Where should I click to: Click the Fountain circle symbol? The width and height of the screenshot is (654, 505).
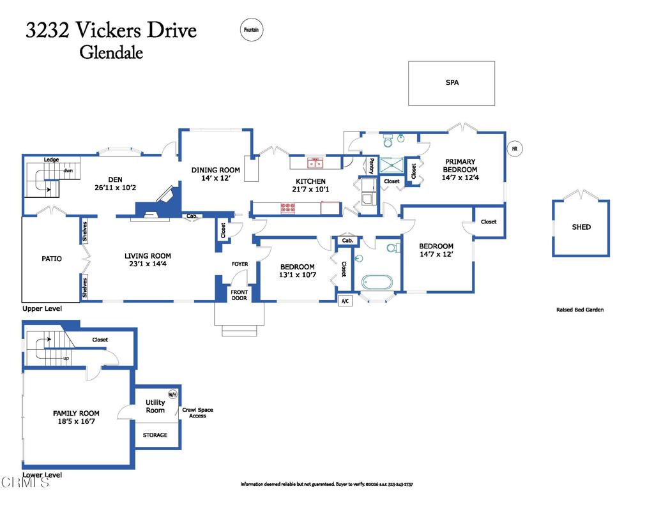pos(252,30)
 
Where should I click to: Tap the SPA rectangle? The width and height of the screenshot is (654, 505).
pos(452,83)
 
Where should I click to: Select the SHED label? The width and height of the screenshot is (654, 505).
pos(581,227)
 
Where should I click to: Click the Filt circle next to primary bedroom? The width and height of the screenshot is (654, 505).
pos(514,149)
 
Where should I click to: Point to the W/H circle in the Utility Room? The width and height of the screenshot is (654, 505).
pos(172,394)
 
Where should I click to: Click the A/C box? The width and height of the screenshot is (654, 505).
pos(345,301)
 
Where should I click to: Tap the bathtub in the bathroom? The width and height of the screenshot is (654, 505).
pos(377,282)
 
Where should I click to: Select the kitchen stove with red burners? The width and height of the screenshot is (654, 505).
pos(289,207)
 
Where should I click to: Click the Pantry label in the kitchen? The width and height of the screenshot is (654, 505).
pos(370,165)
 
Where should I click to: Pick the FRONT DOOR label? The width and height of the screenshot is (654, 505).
pos(239,294)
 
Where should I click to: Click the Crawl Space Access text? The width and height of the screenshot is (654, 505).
pos(197,413)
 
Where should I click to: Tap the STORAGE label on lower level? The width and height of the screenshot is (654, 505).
pos(155,435)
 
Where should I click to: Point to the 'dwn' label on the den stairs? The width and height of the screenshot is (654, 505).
pos(68,171)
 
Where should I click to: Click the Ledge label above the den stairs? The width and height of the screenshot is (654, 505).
pos(51,160)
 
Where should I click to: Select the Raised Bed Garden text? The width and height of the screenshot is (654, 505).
pos(579,310)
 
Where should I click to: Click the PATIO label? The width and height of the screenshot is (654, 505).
pos(52,259)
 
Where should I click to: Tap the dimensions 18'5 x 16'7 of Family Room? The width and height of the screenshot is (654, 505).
pos(76,423)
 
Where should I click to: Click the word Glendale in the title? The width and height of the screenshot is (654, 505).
pos(110,52)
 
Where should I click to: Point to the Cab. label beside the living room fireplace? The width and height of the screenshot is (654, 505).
pos(191,216)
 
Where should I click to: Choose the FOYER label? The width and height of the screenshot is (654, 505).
pos(240,264)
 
